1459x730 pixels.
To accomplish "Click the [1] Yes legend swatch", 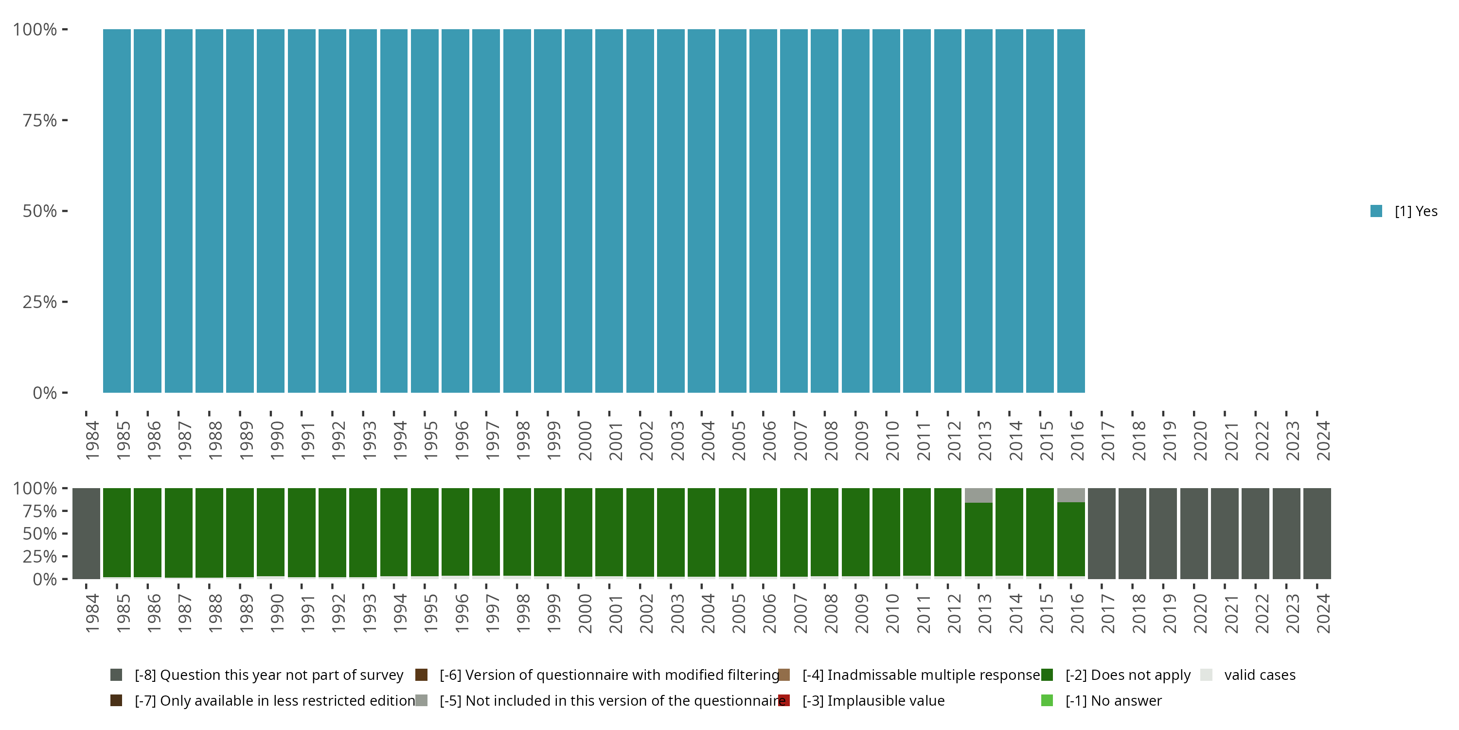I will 1376,211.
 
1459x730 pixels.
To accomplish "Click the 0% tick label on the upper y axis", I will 44,393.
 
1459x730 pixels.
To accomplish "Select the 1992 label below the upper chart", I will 338,440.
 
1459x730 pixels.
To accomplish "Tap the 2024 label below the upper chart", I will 1322,440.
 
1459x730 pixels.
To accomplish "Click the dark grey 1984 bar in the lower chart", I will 86,533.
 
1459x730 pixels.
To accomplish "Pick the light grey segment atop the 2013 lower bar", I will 978,495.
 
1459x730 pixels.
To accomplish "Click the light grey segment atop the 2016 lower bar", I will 1070,495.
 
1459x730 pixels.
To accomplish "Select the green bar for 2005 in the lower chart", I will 732,533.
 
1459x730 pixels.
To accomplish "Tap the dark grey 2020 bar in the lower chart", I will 1194,533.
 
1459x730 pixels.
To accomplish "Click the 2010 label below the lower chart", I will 892,613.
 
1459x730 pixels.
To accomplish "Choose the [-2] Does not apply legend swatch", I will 1047,675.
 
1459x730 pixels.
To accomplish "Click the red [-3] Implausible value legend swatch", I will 784,700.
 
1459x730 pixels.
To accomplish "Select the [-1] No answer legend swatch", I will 1047,700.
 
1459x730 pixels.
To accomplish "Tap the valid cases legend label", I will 1260,675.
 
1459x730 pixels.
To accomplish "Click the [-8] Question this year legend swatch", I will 116,675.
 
